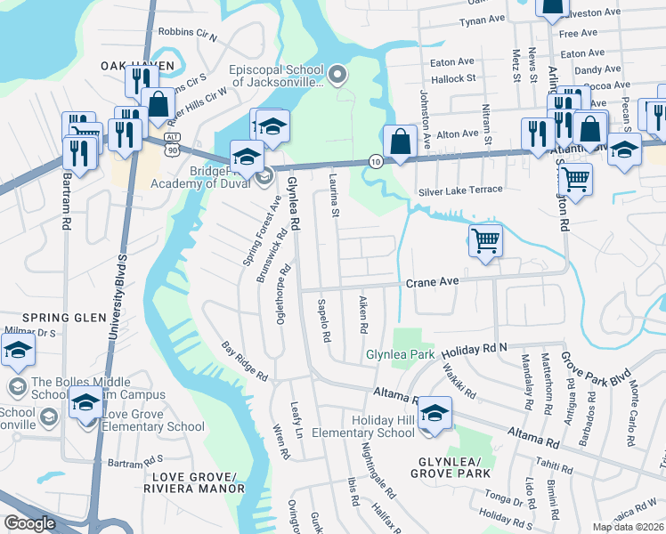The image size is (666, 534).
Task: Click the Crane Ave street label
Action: click(432, 281)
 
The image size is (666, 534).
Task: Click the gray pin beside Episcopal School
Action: click(337, 76)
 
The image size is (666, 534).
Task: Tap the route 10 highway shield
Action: click(376, 161)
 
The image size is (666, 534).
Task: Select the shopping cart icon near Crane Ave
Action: click(485, 239)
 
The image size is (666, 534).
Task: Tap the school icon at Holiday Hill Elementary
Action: click(435, 413)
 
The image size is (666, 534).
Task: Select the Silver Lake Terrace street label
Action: click(460, 190)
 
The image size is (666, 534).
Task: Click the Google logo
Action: click(29, 523)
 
